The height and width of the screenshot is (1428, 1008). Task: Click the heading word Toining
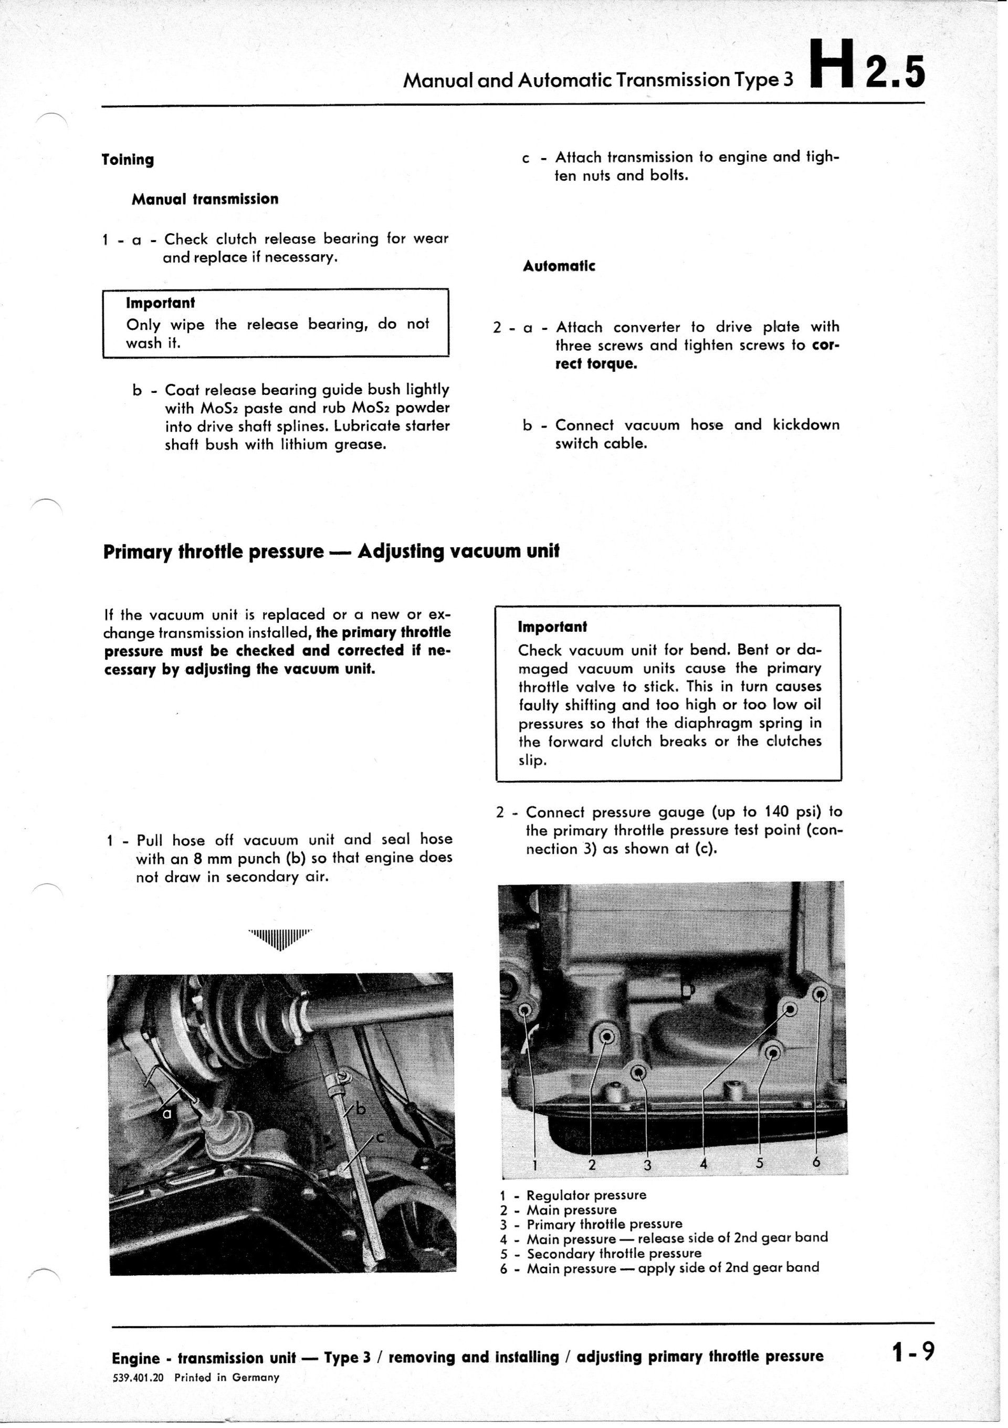click(x=128, y=160)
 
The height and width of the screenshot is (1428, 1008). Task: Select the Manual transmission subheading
click(x=205, y=199)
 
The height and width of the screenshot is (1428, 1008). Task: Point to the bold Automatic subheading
click(x=559, y=266)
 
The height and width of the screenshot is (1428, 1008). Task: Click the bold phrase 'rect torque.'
click(x=596, y=363)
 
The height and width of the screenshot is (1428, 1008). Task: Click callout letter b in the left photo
click(x=361, y=1108)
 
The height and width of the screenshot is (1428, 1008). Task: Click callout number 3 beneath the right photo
click(x=647, y=1165)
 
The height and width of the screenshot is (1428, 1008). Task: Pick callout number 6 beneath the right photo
click(x=816, y=1161)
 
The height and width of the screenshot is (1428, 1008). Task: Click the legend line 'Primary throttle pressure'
click(x=604, y=1224)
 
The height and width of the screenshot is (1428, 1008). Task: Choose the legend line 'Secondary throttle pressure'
click(x=613, y=1253)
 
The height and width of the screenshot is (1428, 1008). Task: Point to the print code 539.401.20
click(x=138, y=1377)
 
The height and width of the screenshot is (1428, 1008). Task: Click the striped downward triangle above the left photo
click(x=280, y=939)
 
